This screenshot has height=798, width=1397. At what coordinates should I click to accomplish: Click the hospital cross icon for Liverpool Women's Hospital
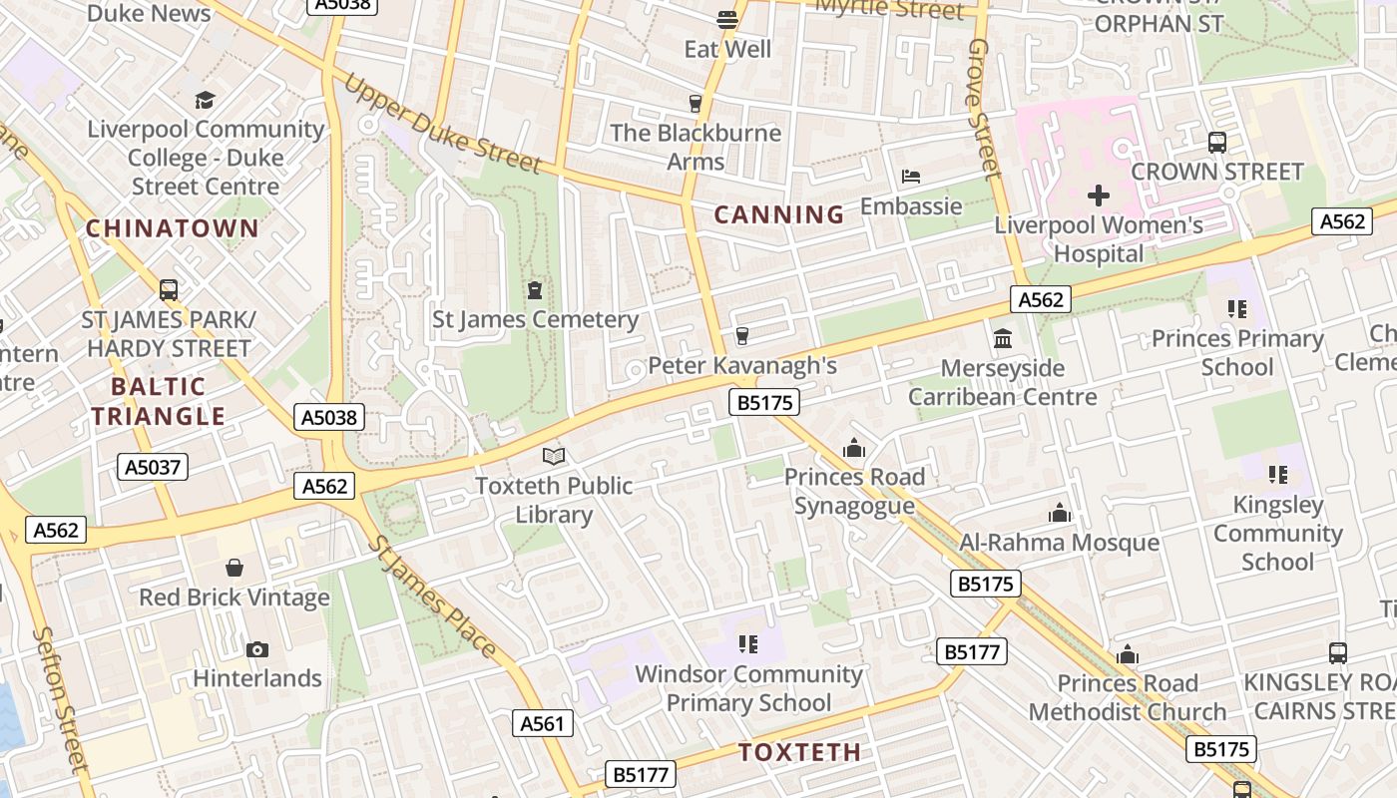pyautogui.click(x=1098, y=196)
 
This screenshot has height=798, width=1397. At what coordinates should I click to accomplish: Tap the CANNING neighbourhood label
pyautogui.click(x=779, y=214)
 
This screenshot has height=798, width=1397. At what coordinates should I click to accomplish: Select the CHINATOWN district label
pyautogui.click(x=172, y=228)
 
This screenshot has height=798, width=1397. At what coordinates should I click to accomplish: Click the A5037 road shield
pyautogui.click(x=153, y=467)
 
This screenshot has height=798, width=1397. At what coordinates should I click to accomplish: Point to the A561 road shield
pyautogui.click(x=544, y=723)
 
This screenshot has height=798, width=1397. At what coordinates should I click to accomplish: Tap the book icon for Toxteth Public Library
pyautogui.click(x=554, y=457)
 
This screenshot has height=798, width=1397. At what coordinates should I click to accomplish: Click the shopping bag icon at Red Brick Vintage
pyautogui.click(x=234, y=569)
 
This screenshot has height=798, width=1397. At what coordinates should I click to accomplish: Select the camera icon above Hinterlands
pyautogui.click(x=257, y=650)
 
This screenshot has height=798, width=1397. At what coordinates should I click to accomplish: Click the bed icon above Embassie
pyautogui.click(x=910, y=178)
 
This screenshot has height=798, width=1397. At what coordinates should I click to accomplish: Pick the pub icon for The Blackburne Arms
pyautogui.click(x=696, y=104)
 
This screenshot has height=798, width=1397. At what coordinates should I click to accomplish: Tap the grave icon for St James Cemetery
pyautogui.click(x=535, y=291)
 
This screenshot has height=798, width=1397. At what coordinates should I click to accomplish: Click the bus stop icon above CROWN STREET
pyautogui.click(x=1217, y=143)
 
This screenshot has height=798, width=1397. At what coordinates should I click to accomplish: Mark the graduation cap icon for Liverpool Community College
pyautogui.click(x=206, y=100)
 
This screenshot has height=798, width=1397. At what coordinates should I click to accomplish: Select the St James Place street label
pyautogui.click(x=433, y=597)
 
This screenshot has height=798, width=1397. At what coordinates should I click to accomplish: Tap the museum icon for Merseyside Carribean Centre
pyautogui.click(x=1003, y=339)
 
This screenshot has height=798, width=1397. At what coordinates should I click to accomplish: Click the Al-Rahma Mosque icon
pyautogui.click(x=1059, y=514)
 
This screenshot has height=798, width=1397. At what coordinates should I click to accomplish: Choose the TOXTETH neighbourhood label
pyautogui.click(x=799, y=752)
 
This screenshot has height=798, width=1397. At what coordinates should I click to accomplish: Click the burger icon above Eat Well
pyautogui.click(x=727, y=20)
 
